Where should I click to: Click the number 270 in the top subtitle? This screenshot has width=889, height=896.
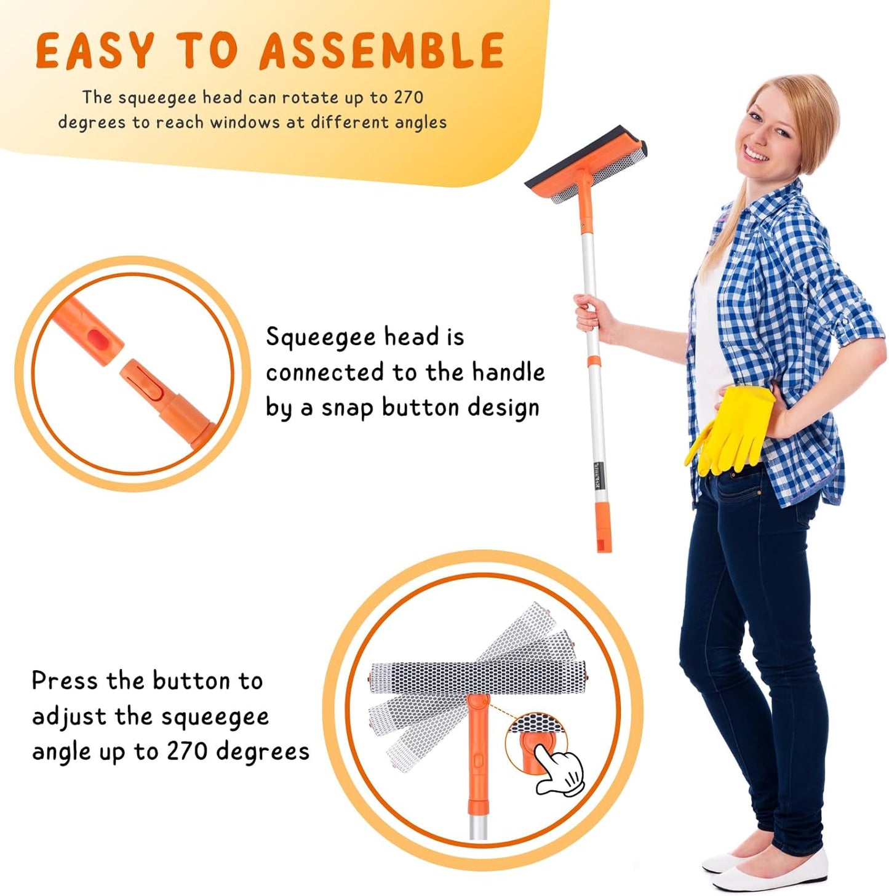409,97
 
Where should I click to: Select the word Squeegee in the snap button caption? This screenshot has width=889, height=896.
320,338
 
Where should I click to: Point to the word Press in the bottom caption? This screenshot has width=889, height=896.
65,681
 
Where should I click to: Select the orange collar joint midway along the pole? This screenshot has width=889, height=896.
593,361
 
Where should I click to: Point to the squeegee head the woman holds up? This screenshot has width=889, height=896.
584,166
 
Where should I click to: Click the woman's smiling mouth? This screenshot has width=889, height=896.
757,155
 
